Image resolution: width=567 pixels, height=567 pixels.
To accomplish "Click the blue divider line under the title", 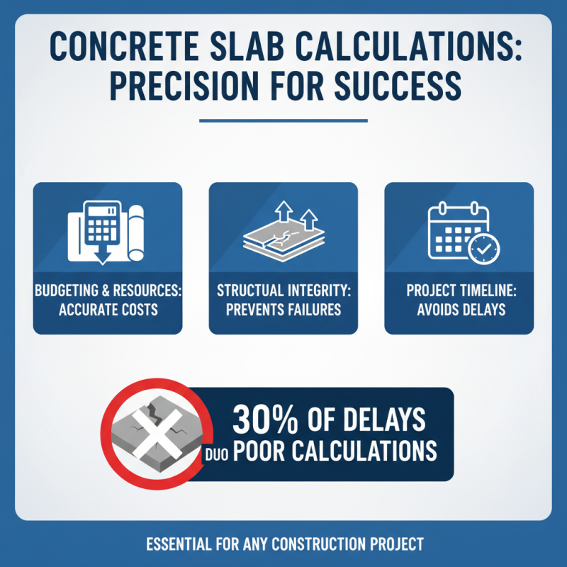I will click(283, 120).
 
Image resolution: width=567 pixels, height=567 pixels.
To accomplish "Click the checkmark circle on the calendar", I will click(484, 248).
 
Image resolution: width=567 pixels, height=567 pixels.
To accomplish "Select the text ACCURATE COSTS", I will click(108, 310).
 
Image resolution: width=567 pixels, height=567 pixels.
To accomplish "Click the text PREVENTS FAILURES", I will click(283, 310).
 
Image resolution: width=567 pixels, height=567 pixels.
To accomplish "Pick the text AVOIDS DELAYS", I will click(459, 310).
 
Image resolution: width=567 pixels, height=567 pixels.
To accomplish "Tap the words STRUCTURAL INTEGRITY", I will click(283, 291).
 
